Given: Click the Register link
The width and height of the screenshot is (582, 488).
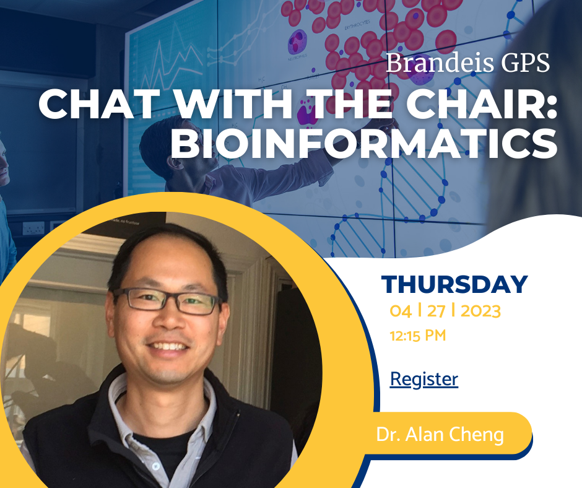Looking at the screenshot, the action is pos(424,380).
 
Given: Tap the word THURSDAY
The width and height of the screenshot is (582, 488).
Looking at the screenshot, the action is pos(454,284).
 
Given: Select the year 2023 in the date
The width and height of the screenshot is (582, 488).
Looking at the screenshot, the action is pos(480,311).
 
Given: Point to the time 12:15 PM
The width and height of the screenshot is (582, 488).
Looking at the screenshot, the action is pos(417,336).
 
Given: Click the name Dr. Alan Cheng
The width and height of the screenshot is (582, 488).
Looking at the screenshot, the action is pos(440,434).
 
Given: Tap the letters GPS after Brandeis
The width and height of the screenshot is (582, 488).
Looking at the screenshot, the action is pos(526,63).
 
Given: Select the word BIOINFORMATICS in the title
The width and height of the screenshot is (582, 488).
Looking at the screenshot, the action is pos(364,143).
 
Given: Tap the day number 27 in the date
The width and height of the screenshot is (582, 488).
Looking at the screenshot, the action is pos(436,311).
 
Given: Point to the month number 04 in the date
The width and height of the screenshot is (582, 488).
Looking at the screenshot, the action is pos(401,311).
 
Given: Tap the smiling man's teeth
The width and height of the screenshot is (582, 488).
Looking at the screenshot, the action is pos(168,347).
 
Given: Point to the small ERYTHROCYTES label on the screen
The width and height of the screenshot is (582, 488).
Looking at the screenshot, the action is pos(357,25).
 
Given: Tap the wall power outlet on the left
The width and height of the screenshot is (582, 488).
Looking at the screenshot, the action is pos(33,229).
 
